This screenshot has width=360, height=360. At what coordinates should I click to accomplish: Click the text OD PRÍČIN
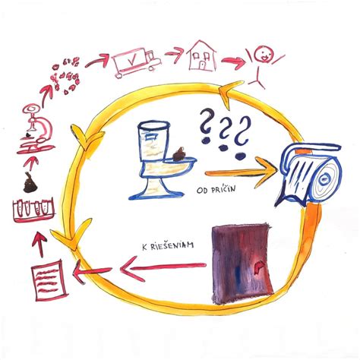coord(216,189)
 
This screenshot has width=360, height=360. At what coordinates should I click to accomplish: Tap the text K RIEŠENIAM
coord(168,246)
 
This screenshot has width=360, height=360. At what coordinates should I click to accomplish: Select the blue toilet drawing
coord(163,160)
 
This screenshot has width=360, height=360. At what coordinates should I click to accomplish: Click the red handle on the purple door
coord(258,268)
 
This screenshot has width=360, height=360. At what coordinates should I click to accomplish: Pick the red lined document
coord(49,280)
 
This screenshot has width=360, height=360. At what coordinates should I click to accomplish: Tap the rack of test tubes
coord(33,210)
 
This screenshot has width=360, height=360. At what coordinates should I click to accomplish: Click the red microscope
coord(36,129)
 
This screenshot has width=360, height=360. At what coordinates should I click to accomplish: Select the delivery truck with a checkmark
coord(137,63)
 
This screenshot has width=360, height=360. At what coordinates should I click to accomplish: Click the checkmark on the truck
coord(131,60)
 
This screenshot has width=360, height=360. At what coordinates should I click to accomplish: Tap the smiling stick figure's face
coord(264,54)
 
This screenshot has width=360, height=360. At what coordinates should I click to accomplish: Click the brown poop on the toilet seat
coord(179,154)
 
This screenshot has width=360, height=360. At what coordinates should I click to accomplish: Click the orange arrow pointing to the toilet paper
coord(241,172)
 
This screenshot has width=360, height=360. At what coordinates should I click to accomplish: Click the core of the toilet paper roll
coord(324,179)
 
